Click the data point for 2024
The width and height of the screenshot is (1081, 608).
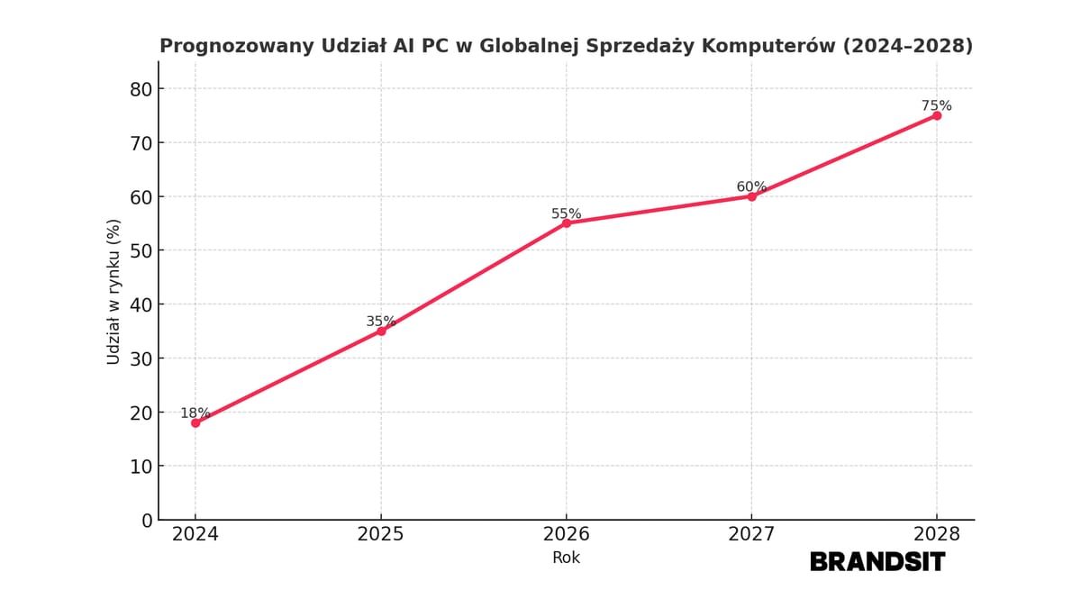point(195,422)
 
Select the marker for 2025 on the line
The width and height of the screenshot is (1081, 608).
point(381,331)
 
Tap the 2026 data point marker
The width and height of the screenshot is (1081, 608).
point(567,223)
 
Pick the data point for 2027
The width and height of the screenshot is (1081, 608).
point(751,196)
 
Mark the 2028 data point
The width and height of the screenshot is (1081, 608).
point(937,115)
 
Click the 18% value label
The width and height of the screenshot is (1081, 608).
point(195,413)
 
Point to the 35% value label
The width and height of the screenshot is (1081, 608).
point(380,322)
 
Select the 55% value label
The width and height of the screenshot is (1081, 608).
point(566,213)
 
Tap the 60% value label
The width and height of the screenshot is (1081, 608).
point(751,186)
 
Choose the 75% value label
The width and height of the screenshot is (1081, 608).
point(936,105)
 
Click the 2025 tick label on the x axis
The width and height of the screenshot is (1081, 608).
point(381,534)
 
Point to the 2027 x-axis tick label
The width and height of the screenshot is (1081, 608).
point(751,534)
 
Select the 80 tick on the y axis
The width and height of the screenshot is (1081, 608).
point(141,89)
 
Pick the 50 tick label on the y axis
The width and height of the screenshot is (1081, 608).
point(141,250)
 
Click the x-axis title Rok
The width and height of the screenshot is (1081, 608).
point(566,558)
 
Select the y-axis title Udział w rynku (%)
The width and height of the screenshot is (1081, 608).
point(114,292)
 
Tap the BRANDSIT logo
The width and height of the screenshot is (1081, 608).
point(877,562)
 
